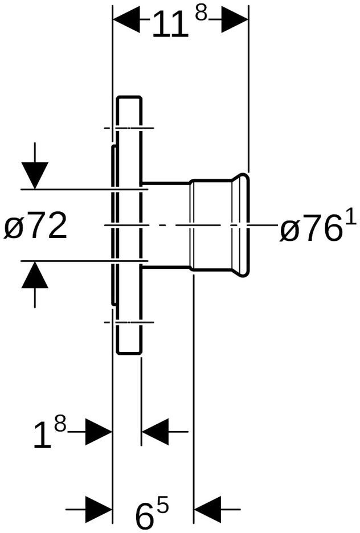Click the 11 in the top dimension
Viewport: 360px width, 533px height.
pyautogui.click(x=170, y=24)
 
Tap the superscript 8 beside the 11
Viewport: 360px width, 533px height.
pyautogui.click(x=201, y=14)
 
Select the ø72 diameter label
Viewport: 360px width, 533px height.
pyautogui.click(x=35, y=225)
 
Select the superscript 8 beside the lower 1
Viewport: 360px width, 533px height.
pyautogui.click(x=60, y=425)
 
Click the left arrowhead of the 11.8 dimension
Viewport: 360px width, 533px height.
pyautogui.click(x=126, y=20)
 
